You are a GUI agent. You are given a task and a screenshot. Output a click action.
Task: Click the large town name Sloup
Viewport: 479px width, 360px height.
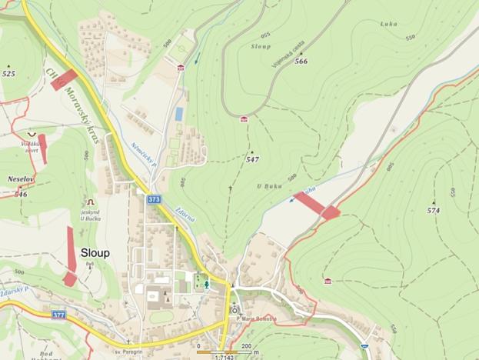coord(95,253)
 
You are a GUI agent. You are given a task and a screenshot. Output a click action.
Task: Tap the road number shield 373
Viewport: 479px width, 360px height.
coord(154,200)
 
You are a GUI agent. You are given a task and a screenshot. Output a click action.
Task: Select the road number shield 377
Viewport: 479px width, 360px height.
coord(59,315)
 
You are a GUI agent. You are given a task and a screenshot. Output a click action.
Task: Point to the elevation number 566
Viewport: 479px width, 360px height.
coord(301,61)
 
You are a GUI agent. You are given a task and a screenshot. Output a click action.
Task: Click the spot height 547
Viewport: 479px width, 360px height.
coord(252,159)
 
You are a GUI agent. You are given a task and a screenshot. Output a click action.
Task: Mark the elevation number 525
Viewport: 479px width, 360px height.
coord(8,74)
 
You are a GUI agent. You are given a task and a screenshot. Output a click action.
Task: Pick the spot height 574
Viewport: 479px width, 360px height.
coord(434,209)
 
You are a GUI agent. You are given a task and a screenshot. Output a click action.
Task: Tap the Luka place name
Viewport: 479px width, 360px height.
coord(388,24)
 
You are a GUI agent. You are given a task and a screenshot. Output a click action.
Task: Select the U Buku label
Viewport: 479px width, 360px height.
coord(266,186)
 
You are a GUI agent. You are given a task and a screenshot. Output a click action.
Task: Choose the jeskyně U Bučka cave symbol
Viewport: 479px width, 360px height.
coord(89,202)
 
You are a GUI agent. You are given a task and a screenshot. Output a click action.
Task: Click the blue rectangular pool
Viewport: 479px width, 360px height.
coord(179,114)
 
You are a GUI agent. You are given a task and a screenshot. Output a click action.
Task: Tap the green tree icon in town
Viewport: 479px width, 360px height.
coord(205,283)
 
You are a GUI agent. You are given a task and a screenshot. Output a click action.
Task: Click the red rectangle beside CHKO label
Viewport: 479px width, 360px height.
coord(65,78)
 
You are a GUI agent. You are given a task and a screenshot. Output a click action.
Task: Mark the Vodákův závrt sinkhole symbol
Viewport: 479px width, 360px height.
coord(31,135)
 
